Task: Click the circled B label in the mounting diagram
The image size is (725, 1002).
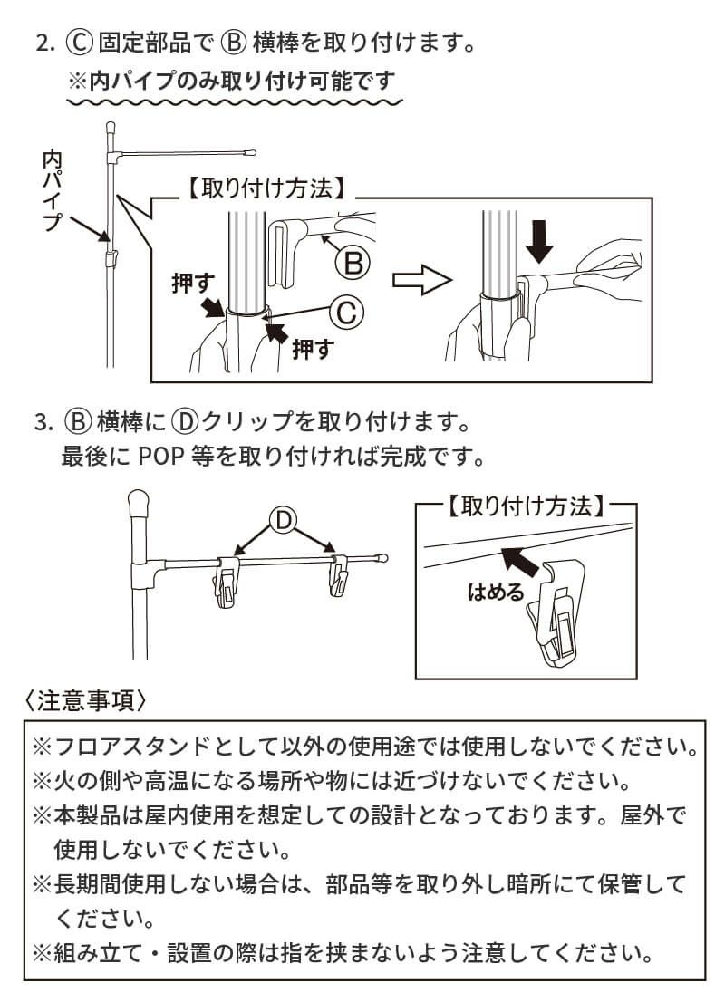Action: [353, 263]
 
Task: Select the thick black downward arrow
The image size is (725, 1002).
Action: [541, 239]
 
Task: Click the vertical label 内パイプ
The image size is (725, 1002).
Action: [52, 192]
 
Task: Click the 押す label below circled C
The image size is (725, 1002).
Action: [313, 349]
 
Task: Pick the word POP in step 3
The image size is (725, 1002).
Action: [162, 454]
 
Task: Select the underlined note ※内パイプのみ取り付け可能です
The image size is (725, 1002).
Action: [233, 80]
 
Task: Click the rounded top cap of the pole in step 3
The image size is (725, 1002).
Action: [139, 500]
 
